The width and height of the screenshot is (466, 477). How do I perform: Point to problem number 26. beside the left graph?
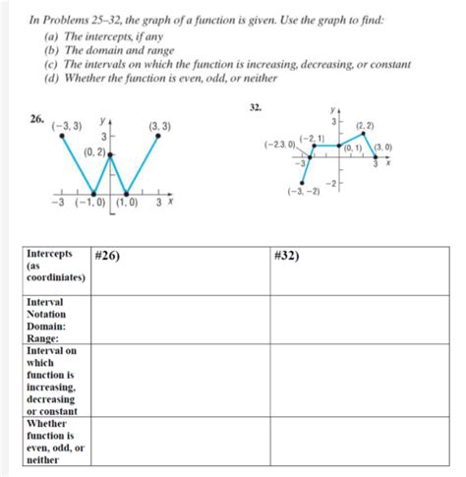[x=35, y=120]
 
